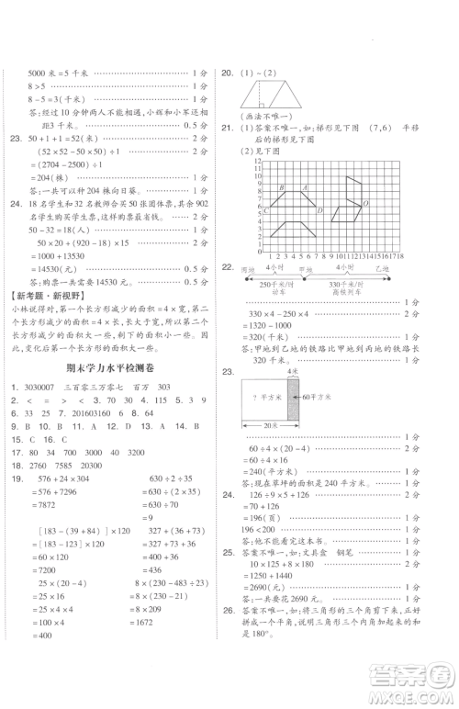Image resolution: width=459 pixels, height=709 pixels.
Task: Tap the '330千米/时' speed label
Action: click(x=354, y=286)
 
